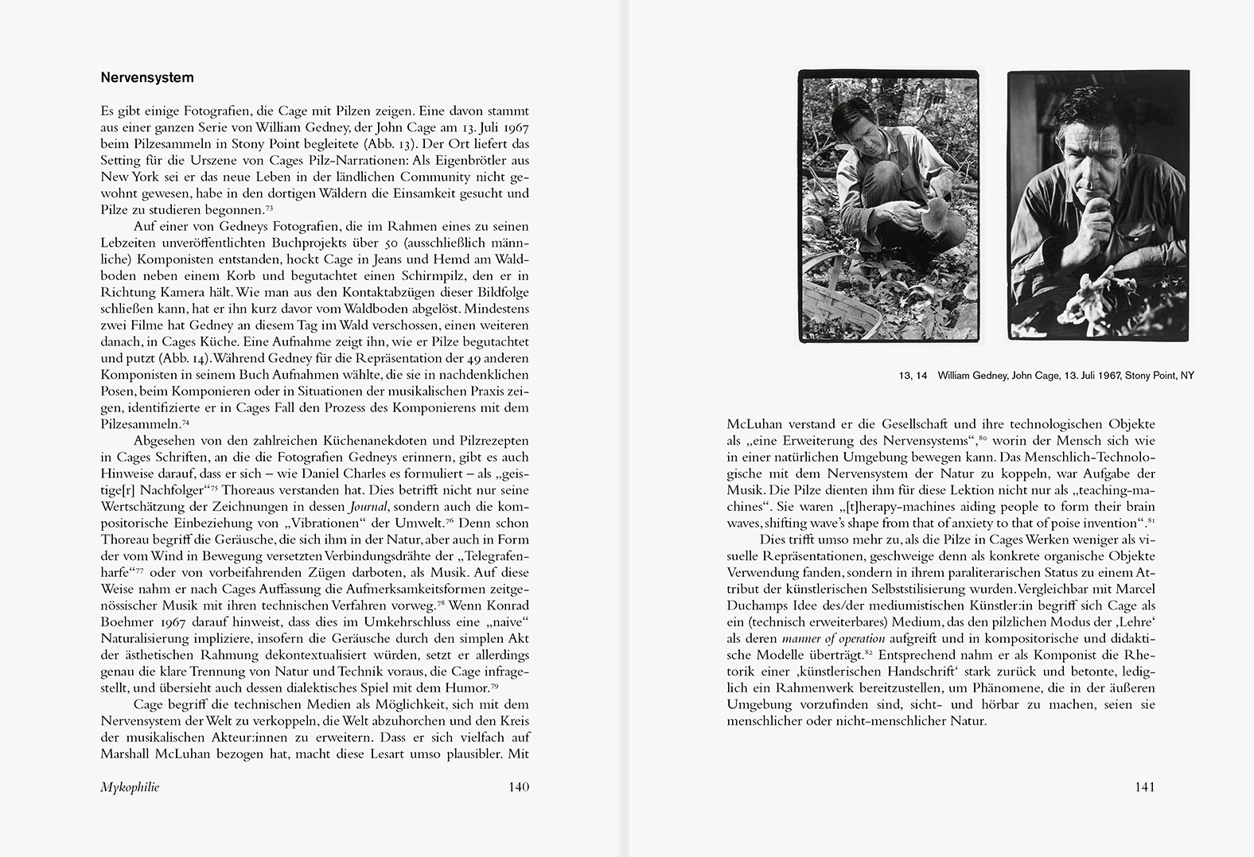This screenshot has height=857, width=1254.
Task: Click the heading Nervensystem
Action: (147, 78)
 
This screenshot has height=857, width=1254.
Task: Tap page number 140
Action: (518, 787)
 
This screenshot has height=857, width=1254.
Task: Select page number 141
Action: (1144, 787)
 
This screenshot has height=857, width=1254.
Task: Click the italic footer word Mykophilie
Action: (130, 787)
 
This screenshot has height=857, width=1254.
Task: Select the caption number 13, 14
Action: (909, 376)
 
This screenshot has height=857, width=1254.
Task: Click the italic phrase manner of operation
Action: (833, 638)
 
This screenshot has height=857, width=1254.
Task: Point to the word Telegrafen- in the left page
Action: (494, 556)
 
